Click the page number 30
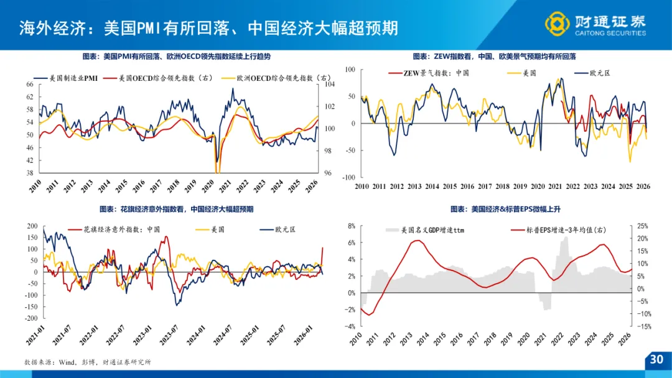click(656, 359)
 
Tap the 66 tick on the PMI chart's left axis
click(30, 85)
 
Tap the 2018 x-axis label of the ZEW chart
click(502, 186)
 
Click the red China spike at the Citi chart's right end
click(322, 249)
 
